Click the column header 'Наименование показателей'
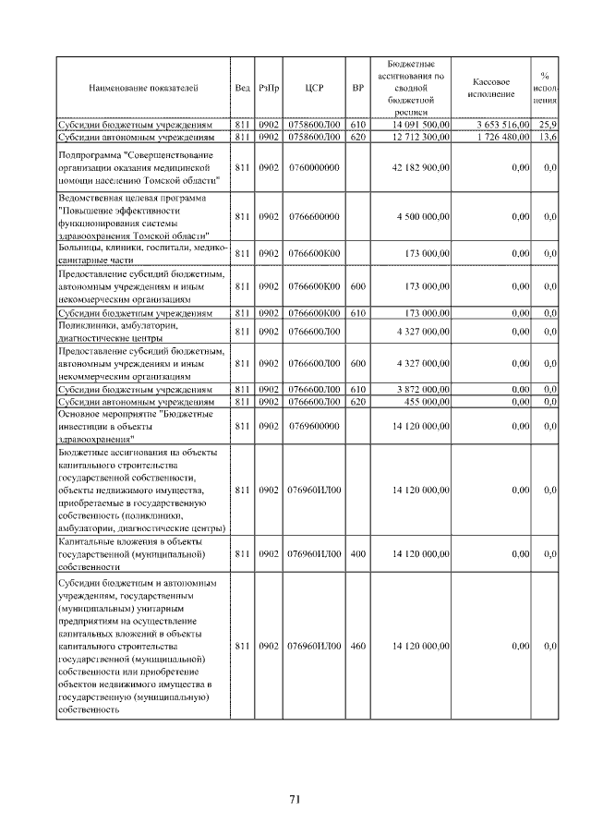pos(143,88)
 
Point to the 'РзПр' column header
pos(269,88)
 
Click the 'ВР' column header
pos(358,88)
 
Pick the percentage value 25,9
pos(548,124)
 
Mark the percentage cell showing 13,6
pos(548,137)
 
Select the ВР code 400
pos(358,554)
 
